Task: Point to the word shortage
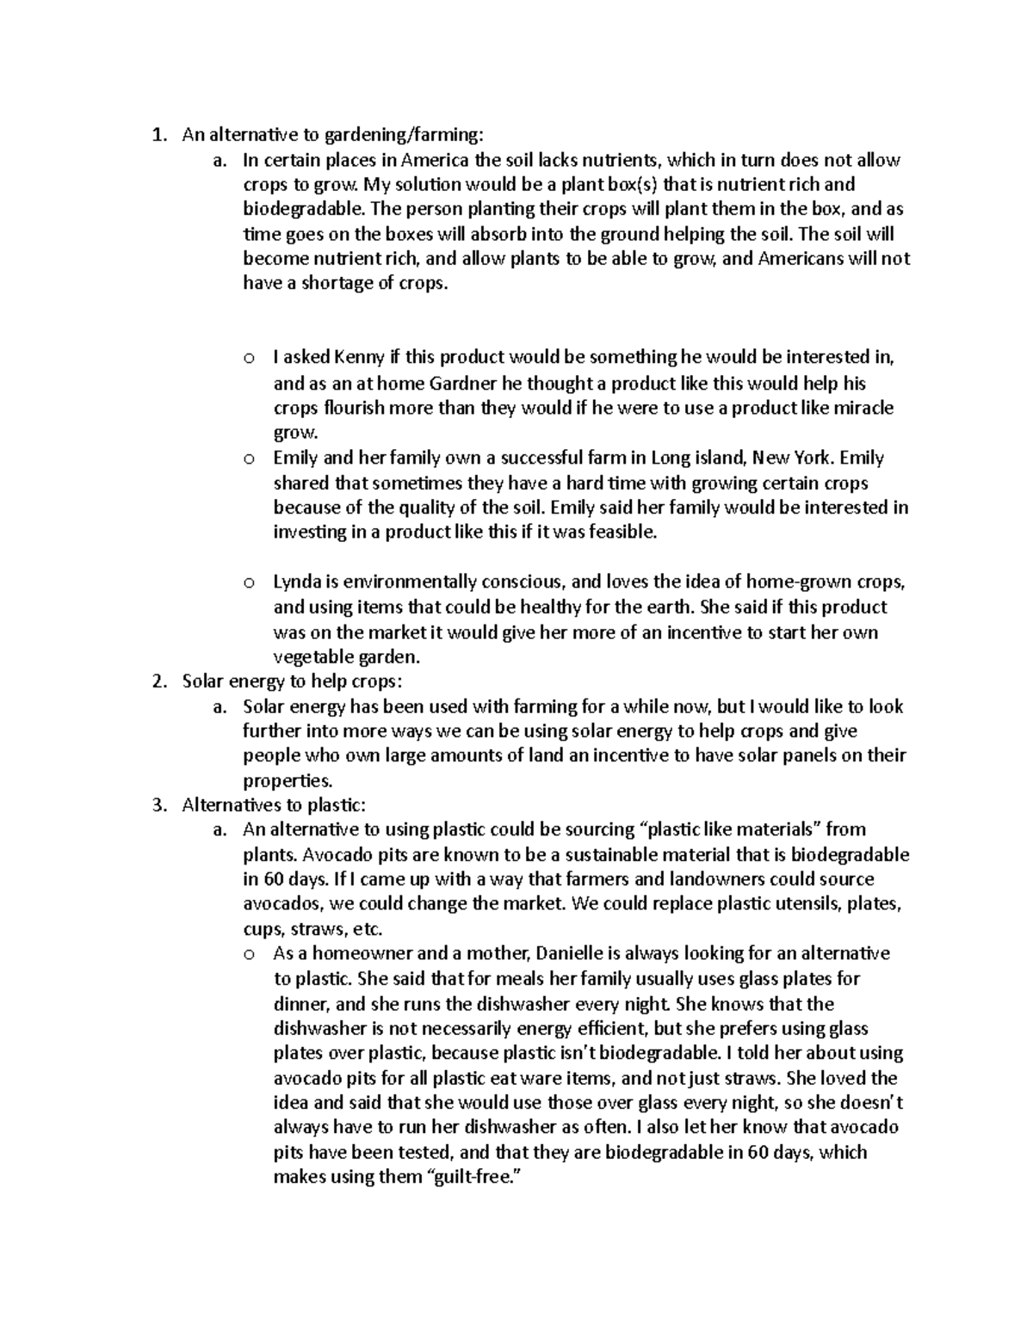coord(331,284)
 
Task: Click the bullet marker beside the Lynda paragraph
coord(248,583)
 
